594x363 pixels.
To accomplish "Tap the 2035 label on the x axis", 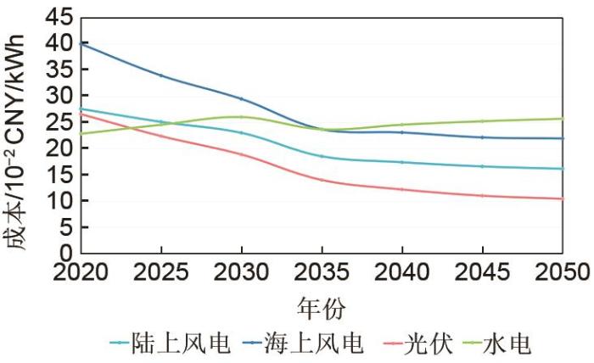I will point(322,273).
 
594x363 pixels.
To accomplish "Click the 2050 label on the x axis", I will point(562,273).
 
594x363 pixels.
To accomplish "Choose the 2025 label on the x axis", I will point(160,273).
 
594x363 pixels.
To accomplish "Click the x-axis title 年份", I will point(321,305).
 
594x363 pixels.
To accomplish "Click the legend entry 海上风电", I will point(319,343).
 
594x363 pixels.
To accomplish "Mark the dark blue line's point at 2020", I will point(81,43).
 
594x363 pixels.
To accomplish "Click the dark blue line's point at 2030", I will point(241,99).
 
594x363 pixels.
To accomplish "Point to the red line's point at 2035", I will point(322,180).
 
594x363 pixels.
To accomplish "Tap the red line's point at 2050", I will point(562,198).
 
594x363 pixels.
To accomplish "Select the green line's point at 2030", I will point(241,117).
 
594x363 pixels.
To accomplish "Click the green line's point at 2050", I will point(562,119).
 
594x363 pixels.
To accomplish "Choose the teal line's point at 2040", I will point(401,162).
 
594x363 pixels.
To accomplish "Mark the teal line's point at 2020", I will point(81,109).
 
